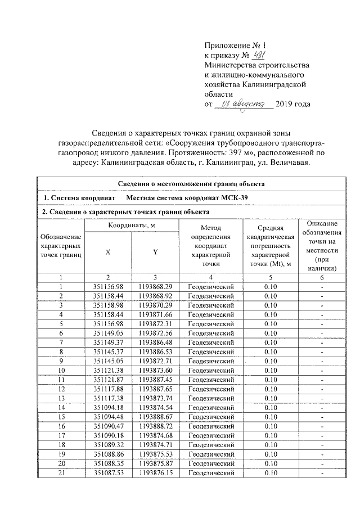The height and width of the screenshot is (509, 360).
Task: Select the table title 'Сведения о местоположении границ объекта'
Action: point(191,183)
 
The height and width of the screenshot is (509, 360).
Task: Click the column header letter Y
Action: point(155,253)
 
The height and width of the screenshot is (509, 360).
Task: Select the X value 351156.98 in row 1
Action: point(108,287)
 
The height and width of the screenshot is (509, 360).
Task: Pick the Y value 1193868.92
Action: point(155,296)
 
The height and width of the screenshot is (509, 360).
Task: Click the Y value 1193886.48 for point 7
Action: point(155,342)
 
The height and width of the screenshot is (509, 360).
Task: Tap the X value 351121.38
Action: point(108,370)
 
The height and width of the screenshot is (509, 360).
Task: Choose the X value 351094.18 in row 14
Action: point(108,407)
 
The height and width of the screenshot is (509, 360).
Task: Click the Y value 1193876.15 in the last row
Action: point(155,473)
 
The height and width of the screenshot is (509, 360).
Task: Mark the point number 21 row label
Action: point(61,473)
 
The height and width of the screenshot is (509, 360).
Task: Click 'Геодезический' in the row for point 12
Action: point(210,389)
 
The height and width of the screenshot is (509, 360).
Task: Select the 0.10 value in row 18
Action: point(271,444)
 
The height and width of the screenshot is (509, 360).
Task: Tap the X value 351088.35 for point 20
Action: point(108,463)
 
